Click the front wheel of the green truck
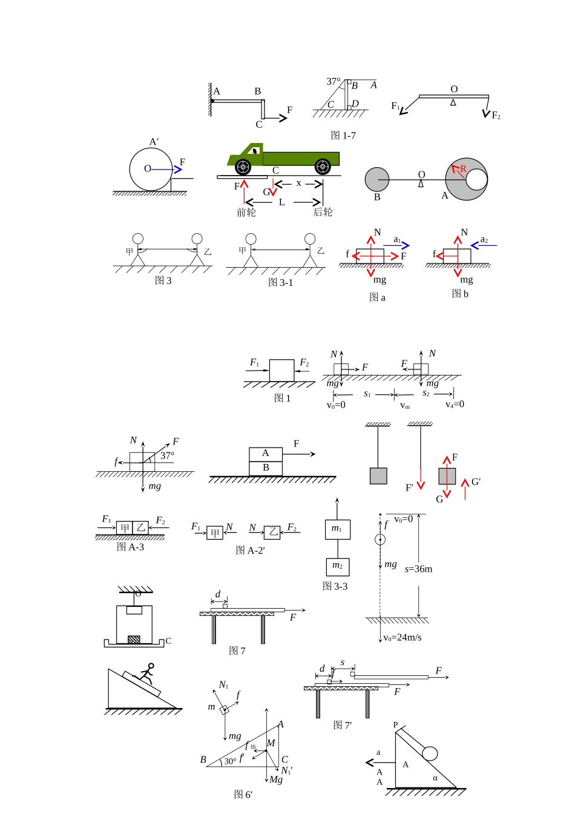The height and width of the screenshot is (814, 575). point(243,167)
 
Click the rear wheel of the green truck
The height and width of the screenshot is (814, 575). point(323,167)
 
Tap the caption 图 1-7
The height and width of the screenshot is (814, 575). point(343,136)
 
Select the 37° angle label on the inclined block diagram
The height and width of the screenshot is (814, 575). point(333,81)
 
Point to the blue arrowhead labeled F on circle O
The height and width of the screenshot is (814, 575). point(177,170)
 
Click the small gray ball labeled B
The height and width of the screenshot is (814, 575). point(376,179)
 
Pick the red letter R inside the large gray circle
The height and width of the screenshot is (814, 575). point(463,168)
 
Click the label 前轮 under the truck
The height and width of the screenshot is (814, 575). point(246,212)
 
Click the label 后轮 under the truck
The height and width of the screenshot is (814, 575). point(323,212)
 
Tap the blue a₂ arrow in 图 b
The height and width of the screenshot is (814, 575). point(484,246)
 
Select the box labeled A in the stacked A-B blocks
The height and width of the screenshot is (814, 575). point(266,454)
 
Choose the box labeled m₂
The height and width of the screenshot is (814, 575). point(338,567)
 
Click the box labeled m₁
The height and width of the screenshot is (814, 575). point(338,529)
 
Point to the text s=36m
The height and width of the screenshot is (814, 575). point(418,569)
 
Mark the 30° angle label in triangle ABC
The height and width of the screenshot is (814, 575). point(230,761)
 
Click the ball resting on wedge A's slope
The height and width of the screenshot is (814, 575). point(430,753)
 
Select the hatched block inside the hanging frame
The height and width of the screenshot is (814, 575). point(134,639)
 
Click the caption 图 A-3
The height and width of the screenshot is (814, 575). point(130,546)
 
